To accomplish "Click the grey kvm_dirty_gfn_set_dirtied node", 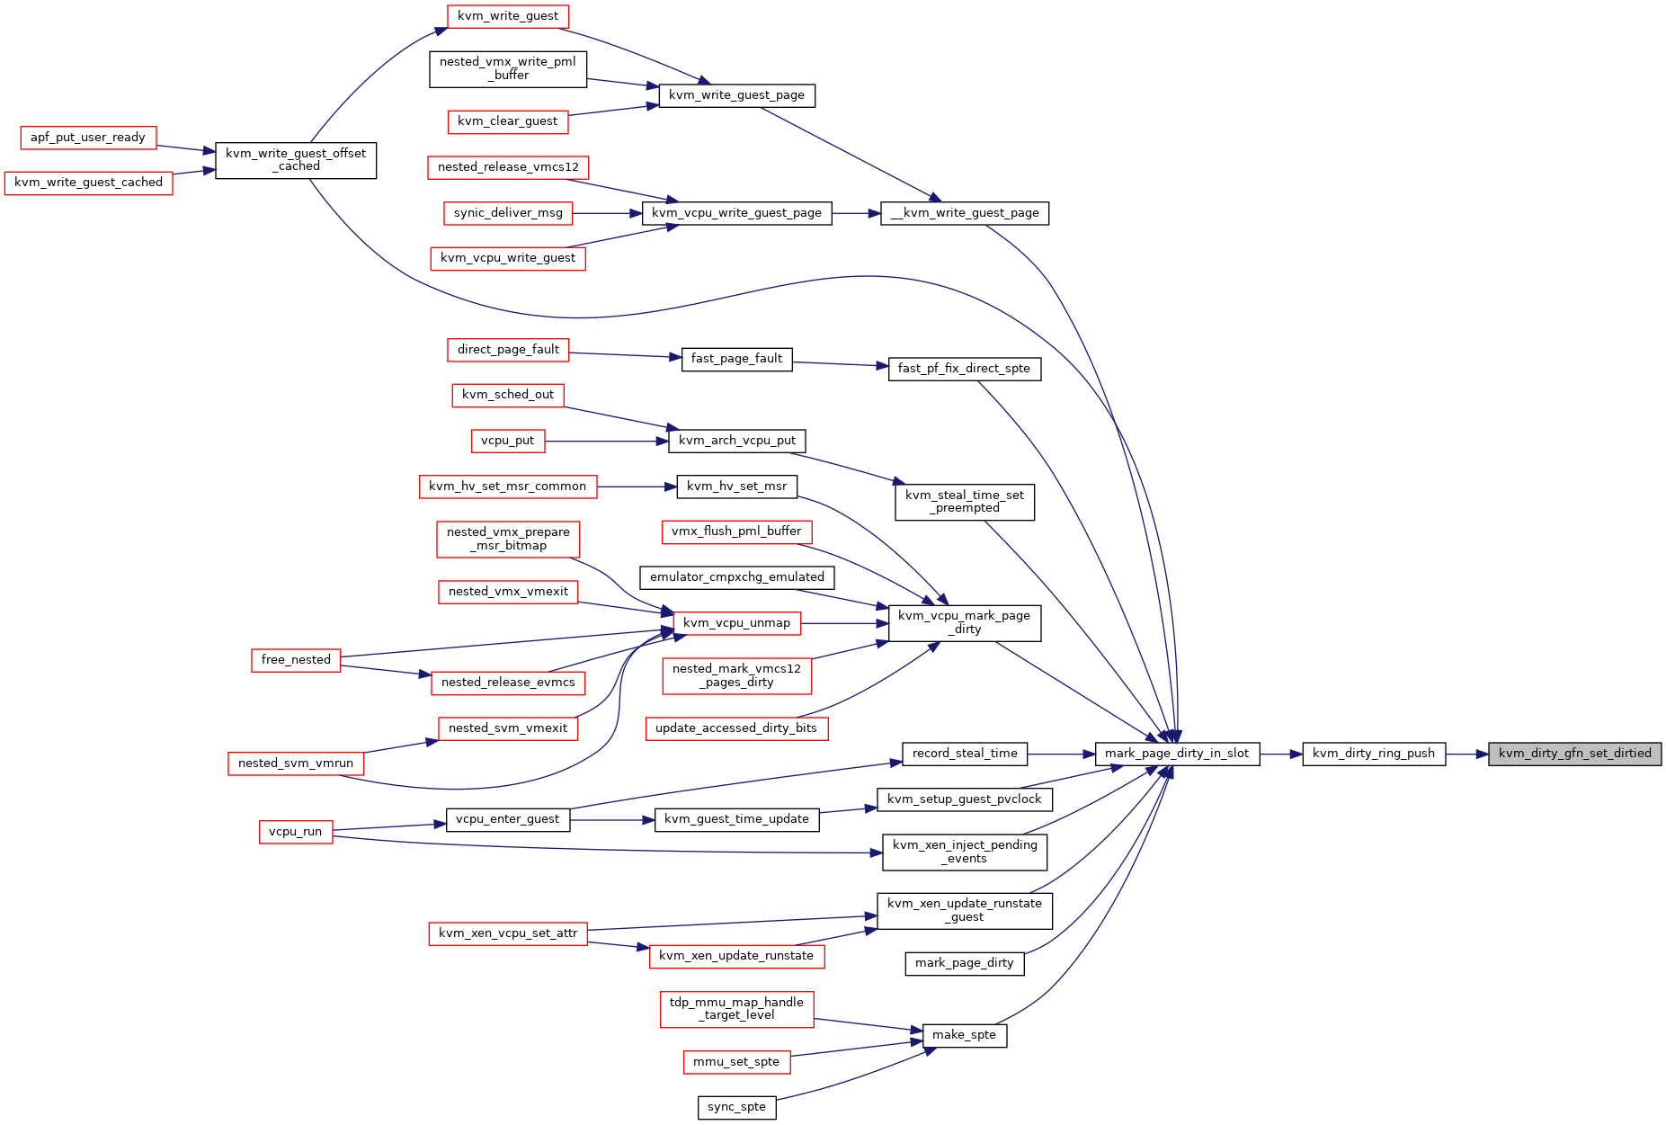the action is [x=1574, y=754].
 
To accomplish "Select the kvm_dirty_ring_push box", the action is [x=1374, y=754].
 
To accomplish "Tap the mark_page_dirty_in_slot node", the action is [x=1177, y=754].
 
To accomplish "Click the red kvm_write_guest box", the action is [x=508, y=16].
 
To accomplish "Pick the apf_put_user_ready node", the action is [x=88, y=138].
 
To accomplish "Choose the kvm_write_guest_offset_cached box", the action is [x=296, y=160].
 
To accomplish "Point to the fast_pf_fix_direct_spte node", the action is [x=965, y=369].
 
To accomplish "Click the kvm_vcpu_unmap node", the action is [x=736, y=623].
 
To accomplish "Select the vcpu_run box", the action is [x=295, y=832].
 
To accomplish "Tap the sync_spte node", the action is [x=736, y=1107].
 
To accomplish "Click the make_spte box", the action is [x=965, y=1035].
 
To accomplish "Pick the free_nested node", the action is [x=296, y=660].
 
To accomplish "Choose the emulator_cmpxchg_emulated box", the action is [x=737, y=577].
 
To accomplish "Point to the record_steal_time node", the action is [x=965, y=754].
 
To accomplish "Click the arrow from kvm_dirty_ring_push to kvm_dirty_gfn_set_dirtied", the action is [x=1467, y=754].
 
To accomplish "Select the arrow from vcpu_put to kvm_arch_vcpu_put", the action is [x=607, y=442].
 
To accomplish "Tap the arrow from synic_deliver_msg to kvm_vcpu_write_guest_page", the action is [x=607, y=213].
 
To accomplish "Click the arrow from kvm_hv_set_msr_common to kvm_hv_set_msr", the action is [x=637, y=487].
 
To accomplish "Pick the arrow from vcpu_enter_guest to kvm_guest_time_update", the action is [x=612, y=820].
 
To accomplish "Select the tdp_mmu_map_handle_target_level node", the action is [x=737, y=1009].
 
